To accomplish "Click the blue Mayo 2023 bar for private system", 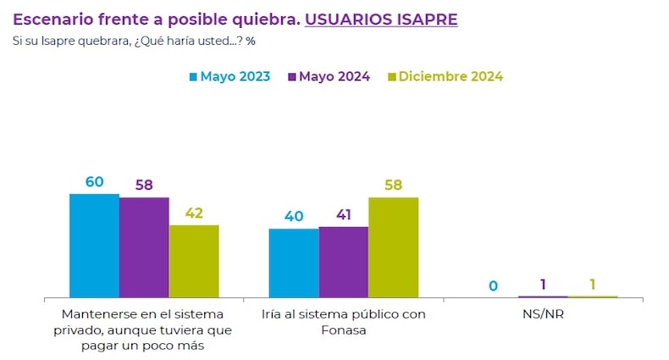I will [x=94, y=246].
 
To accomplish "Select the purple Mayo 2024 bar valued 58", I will [x=144, y=247].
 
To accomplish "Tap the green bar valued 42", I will [x=194, y=261].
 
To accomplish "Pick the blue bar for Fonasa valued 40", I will [x=294, y=263].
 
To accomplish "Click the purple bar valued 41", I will [x=344, y=262].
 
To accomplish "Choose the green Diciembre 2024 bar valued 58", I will [x=394, y=247].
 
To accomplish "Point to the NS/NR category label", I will [x=543, y=314].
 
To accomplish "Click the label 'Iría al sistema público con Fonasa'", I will [x=343, y=322].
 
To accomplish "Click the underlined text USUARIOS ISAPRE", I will [x=381, y=19].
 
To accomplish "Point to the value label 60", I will [x=94, y=182].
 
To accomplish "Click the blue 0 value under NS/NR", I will [x=493, y=286].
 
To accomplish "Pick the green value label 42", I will [x=194, y=213].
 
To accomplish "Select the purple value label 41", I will [x=344, y=215].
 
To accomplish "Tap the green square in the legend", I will [x=391, y=77].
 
